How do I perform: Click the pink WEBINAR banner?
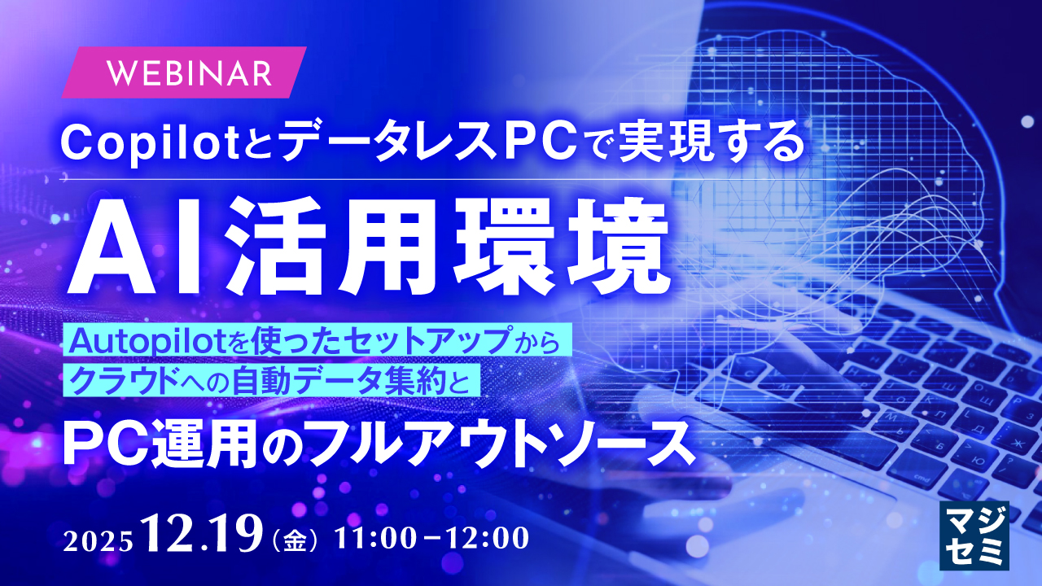click(184, 72)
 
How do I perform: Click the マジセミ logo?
click(974, 536)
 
